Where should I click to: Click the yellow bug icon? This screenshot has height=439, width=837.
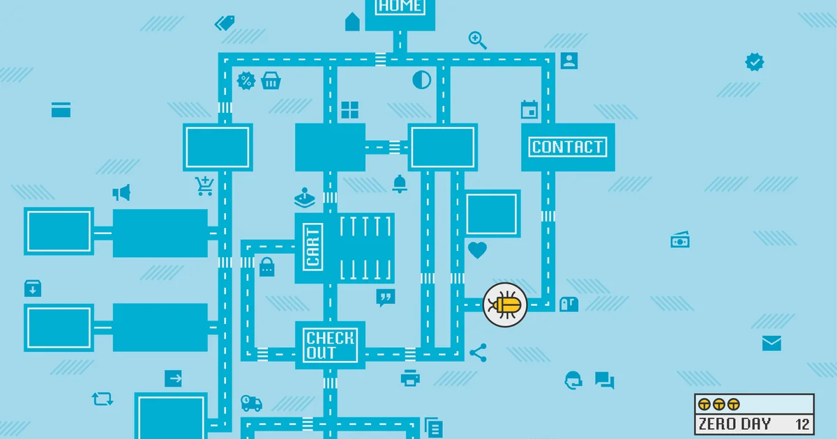pyautogui.click(x=505, y=304)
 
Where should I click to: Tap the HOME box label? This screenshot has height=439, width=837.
pyautogui.click(x=400, y=7)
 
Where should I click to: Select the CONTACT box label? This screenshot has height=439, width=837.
pyautogui.click(x=567, y=147)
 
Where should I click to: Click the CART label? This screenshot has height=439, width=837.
pyautogui.click(x=313, y=247)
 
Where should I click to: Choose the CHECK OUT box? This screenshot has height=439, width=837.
pyautogui.click(x=330, y=346)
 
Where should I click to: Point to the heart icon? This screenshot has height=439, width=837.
pyautogui.click(x=477, y=250)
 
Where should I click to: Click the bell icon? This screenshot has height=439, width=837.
pyautogui.click(x=400, y=184)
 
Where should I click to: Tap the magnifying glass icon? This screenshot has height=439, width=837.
pyautogui.click(x=477, y=40)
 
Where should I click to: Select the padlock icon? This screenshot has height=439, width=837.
pyautogui.click(x=266, y=267)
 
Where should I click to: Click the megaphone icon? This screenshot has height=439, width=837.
pyautogui.click(x=122, y=192)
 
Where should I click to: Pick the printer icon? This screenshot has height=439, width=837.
pyautogui.click(x=410, y=378)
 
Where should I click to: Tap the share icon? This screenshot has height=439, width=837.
pyautogui.click(x=478, y=353)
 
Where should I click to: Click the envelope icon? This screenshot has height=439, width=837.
pyautogui.click(x=771, y=343)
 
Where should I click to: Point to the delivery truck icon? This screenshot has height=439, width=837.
pyautogui.click(x=251, y=403)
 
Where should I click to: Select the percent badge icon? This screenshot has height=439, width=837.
pyautogui.click(x=246, y=81)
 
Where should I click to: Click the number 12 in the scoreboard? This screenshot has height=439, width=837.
pyautogui.click(x=801, y=423)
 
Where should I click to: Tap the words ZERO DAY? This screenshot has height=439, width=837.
pyautogui.click(x=734, y=423)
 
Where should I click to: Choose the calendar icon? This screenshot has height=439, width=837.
pyautogui.click(x=529, y=110)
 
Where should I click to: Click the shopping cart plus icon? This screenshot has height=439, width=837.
pyautogui.click(x=204, y=185)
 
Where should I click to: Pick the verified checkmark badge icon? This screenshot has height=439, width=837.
pyautogui.click(x=754, y=62)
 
